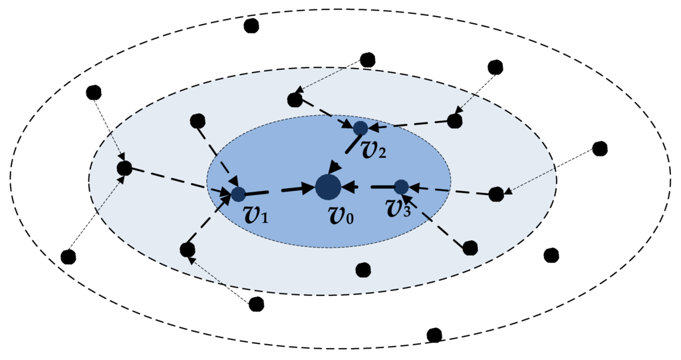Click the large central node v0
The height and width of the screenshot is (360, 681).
328,187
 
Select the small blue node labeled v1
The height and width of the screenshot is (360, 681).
238,194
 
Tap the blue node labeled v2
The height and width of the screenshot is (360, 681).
360,128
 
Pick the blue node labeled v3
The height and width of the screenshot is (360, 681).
401,187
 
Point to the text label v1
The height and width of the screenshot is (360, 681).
255,215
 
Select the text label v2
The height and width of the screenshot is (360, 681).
372,150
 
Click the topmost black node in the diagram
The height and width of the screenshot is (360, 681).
251,26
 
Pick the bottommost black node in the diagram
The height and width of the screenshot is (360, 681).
434,335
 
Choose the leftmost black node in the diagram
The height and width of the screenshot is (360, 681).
68,256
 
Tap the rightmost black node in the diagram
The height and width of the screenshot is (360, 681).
600,148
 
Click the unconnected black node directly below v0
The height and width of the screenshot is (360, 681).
363,270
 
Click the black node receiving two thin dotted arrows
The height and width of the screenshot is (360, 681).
124,168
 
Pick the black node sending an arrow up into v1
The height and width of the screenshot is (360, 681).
188,250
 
